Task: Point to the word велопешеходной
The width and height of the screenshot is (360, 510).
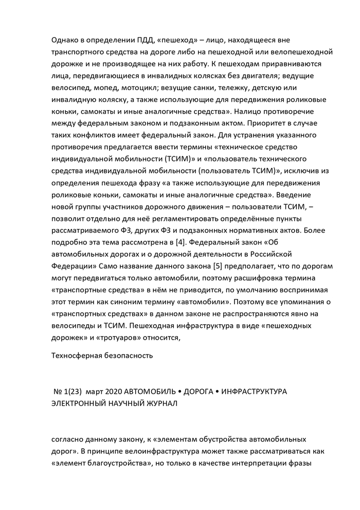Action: tap(303, 52)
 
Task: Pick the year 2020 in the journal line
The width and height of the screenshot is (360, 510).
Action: tap(113, 392)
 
